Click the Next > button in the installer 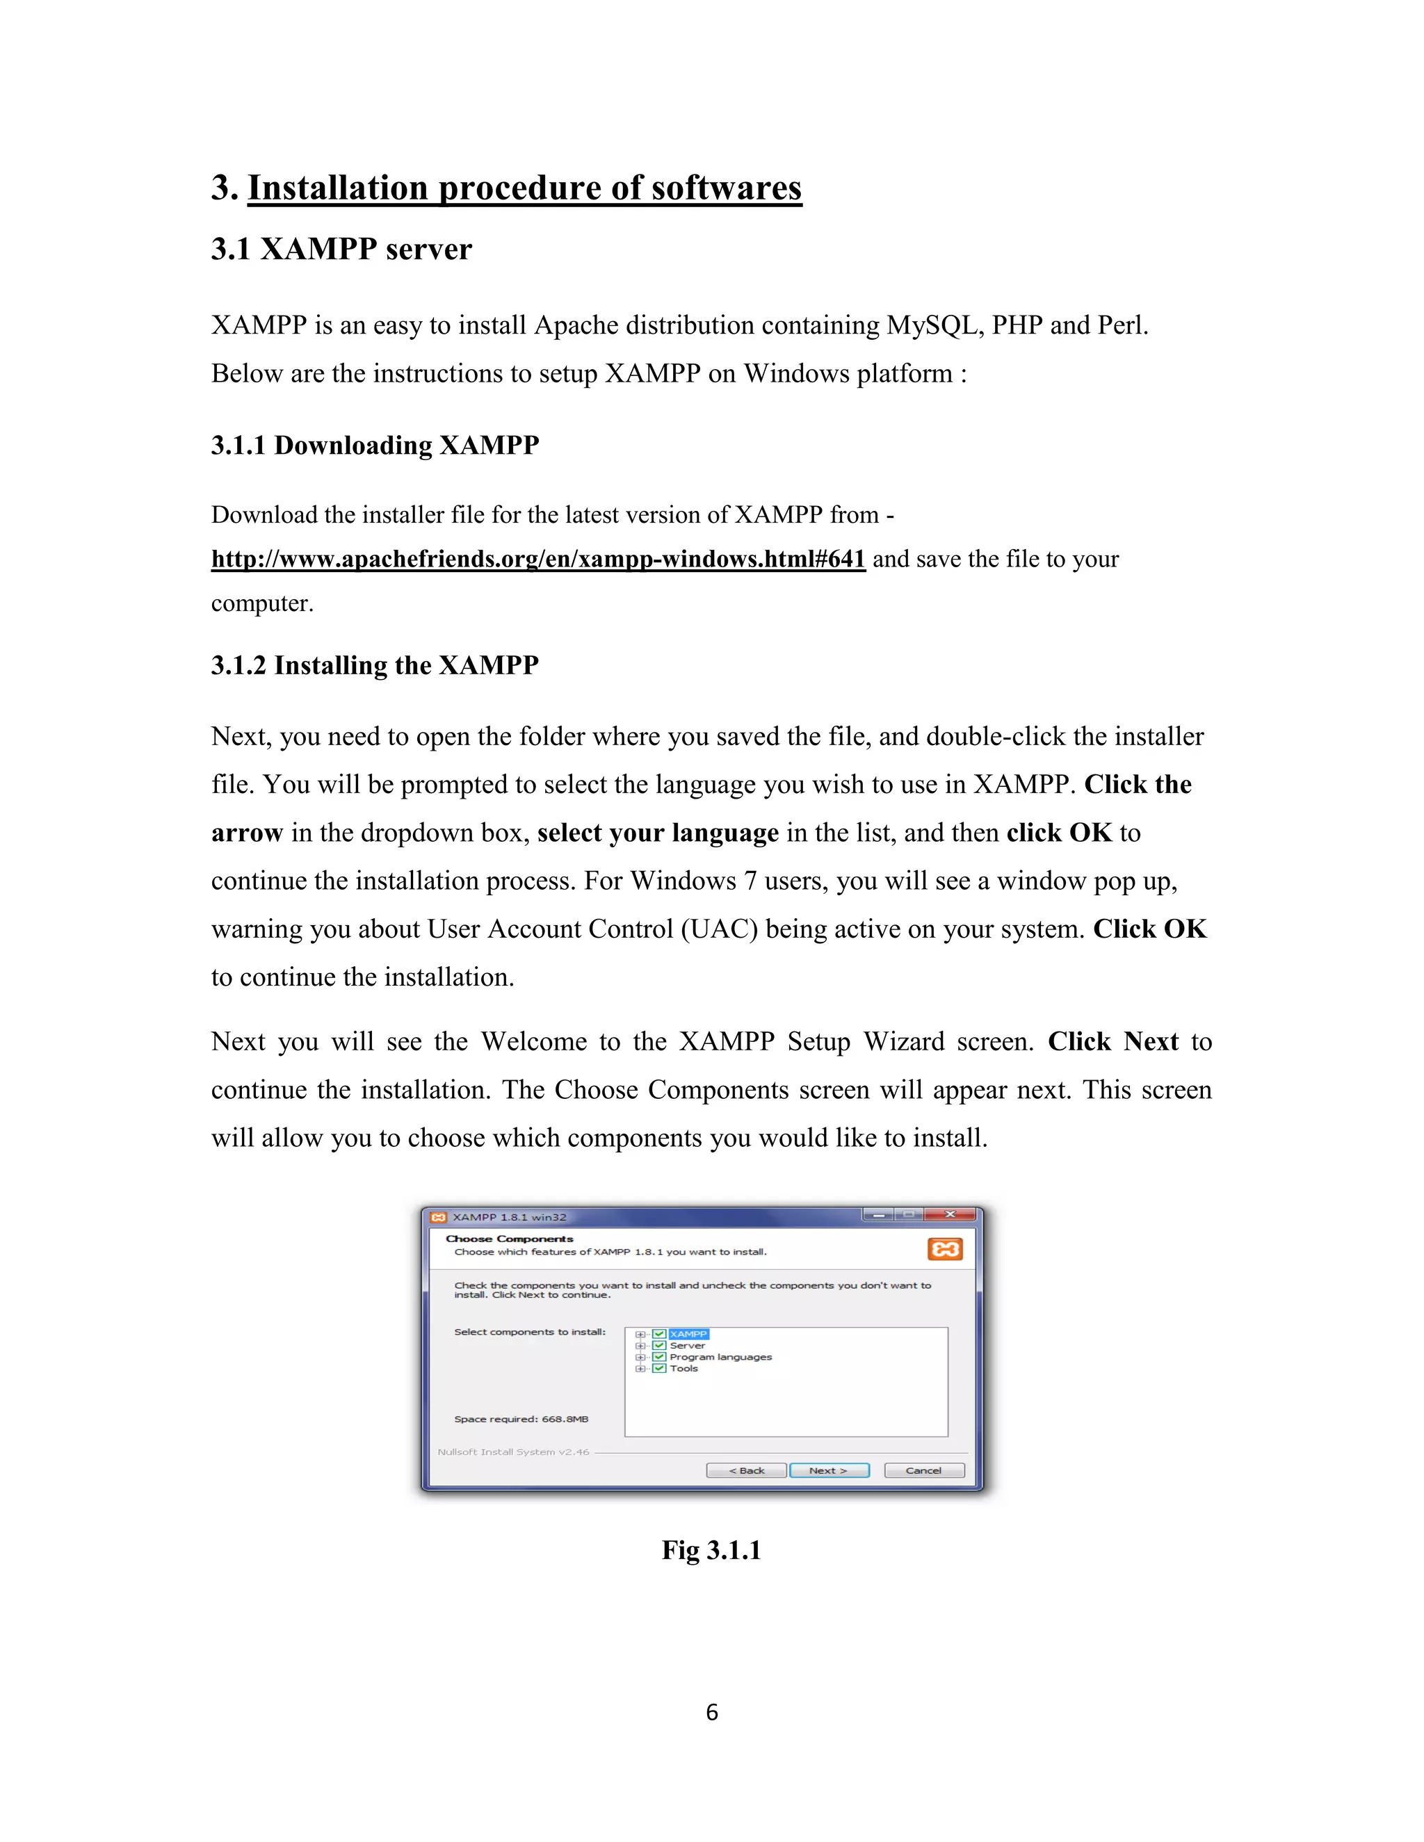(828, 1470)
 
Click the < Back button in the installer (746, 1470)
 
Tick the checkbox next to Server (660, 1345)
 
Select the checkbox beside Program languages (660, 1357)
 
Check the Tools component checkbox (660, 1368)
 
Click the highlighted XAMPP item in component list (688, 1333)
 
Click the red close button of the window (950, 1214)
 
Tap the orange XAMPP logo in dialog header (945, 1249)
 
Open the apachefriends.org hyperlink (538, 559)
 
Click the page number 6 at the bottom (712, 1712)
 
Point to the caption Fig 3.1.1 (711, 1549)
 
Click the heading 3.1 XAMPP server (341, 249)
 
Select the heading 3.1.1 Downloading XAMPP (375, 446)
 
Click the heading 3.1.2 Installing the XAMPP (375, 665)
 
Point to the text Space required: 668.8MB (521, 1419)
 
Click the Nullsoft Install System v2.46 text (513, 1451)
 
